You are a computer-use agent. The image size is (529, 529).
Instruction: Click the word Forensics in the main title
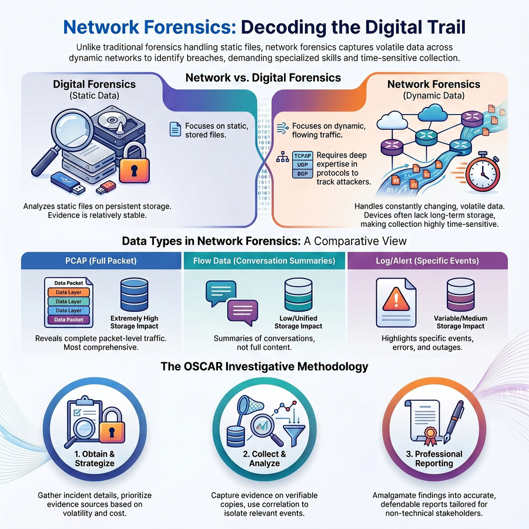click(x=190, y=27)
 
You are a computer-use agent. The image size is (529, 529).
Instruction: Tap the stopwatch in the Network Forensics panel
click(x=483, y=172)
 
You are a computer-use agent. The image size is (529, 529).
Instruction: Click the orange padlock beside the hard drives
click(x=134, y=162)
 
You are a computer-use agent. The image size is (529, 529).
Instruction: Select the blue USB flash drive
click(x=68, y=183)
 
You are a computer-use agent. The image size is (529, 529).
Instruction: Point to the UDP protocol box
click(x=302, y=165)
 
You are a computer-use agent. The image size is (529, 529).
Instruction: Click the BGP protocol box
click(x=302, y=174)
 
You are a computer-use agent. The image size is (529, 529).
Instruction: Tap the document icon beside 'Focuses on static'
click(x=175, y=129)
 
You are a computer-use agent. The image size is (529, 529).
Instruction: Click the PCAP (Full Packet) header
click(x=101, y=261)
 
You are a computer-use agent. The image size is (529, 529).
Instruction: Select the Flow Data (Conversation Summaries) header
click(x=264, y=261)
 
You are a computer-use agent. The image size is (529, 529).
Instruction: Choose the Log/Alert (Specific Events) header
click(x=427, y=261)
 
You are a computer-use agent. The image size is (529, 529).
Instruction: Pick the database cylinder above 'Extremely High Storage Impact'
click(x=134, y=294)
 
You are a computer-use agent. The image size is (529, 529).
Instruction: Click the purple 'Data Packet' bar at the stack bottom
click(x=69, y=320)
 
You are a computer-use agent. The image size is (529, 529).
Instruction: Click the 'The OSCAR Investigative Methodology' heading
click(x=264, y=366)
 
